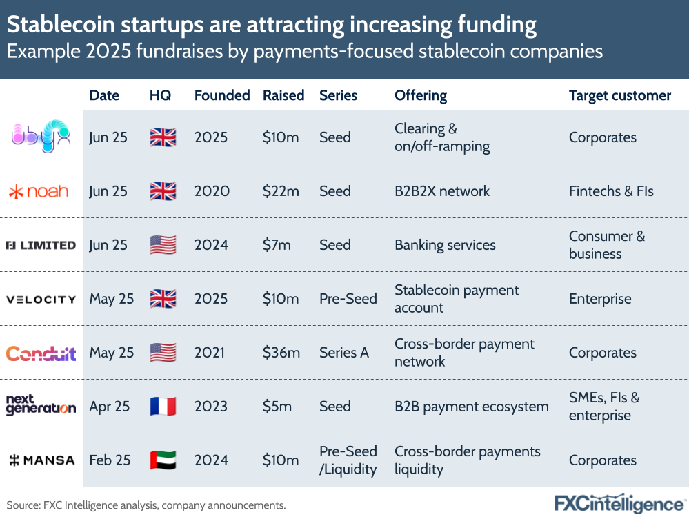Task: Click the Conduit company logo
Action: pos(41,353)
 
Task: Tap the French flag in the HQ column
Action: pos(163,407)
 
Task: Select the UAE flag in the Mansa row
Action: pos(163,460)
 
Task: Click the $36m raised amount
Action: pos(281,353)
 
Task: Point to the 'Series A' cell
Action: pos(344,353)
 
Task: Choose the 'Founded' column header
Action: pos(222,95)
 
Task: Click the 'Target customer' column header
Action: pos(619,95)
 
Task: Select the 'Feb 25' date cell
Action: pos(110,460)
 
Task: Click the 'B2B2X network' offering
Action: pos(441,191)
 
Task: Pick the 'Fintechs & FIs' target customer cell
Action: pos(611,191)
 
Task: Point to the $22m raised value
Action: pos(281,191)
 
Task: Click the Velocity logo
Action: pos(41,300)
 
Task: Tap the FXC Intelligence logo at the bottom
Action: pos(619,503)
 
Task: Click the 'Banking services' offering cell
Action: pos(445,245)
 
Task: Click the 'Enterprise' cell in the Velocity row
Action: pos(599,299)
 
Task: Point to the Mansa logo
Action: pos(41,460)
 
